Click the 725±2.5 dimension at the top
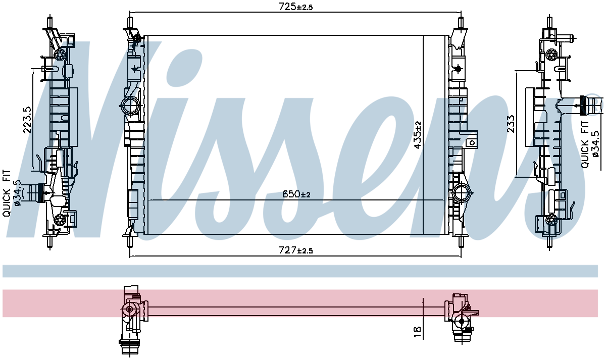(295, 7)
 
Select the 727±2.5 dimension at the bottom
(295, 250)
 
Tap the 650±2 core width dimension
(296, 194)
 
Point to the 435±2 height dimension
(418, 135)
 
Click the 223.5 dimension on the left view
(28, 120)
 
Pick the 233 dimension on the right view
(511, 124)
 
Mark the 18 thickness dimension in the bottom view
(418, 332)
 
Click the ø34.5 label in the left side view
(17, 193)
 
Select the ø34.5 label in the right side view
(595, 144)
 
